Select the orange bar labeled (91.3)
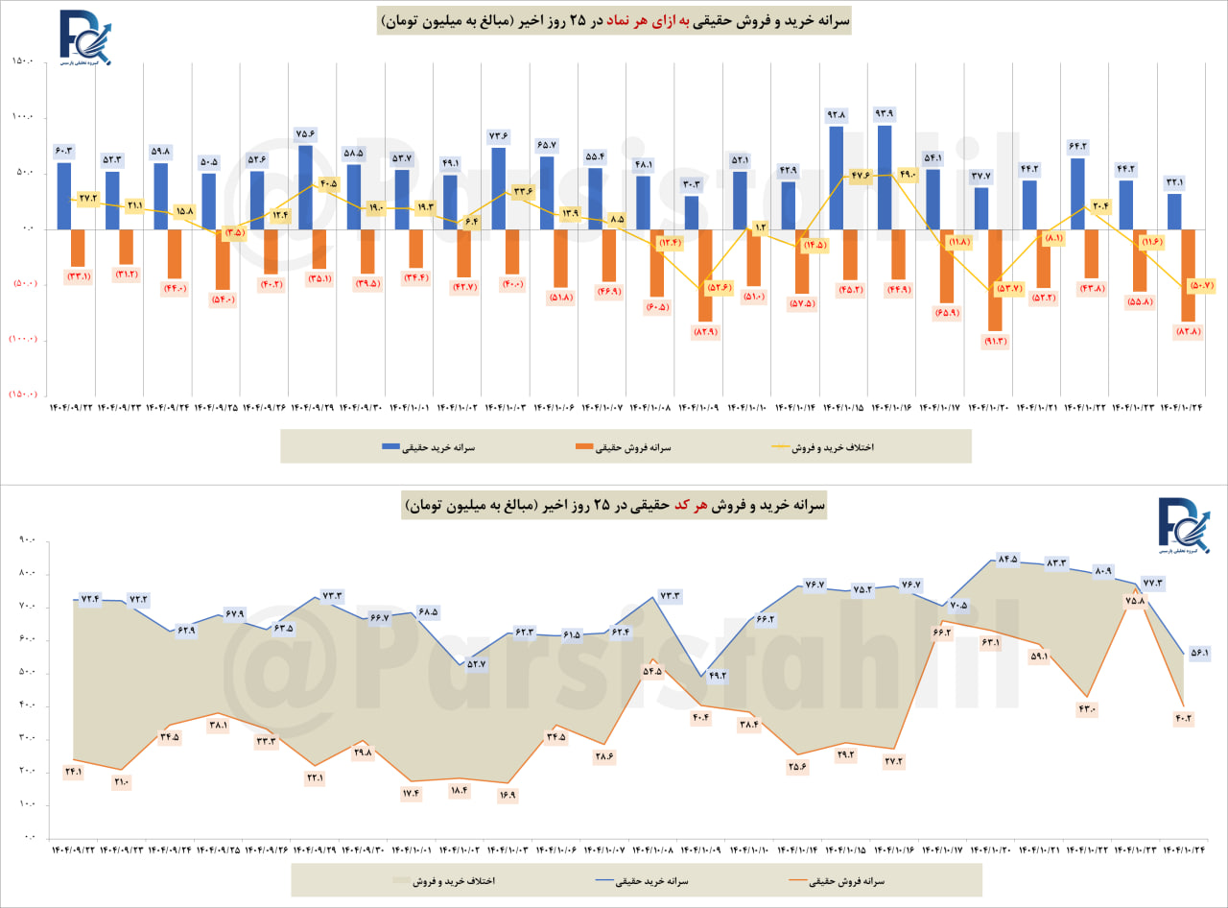coord(995,279)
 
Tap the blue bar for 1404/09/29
coord(305,187)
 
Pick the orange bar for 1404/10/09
coord(705,275)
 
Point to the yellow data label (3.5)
coord(233,232)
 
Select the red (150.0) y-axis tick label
coord(21,394)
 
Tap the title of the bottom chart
coord(614,505)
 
